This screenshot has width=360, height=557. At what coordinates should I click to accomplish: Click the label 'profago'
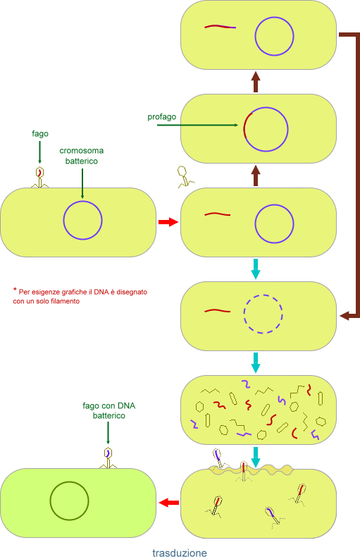click(161, 117)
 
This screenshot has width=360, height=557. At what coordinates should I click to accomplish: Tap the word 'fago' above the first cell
click(40, 133)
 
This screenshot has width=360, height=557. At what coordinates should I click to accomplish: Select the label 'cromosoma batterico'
click(82, 156)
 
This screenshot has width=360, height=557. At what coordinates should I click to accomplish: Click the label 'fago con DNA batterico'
click(109, 410)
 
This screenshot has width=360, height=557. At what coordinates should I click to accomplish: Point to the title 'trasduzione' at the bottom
click(180, 552)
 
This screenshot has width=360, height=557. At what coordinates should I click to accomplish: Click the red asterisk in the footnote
click(15, 290)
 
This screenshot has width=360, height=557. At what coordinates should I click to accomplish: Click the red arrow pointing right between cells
click(168, 222)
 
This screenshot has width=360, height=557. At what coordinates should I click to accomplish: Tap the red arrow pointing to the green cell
click(169, 502)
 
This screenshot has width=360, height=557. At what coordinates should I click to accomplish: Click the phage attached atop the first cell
click(39, 177)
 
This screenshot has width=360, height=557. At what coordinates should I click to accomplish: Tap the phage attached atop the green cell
click(108, 458)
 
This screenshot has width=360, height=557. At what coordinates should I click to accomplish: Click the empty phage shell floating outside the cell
click(185, 177)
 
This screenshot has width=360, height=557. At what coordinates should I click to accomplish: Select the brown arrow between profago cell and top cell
click(256, 82)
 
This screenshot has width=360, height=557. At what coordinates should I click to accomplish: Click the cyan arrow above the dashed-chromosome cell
click(255, 269)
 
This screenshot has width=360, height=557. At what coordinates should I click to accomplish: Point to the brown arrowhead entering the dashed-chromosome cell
click(345, 315)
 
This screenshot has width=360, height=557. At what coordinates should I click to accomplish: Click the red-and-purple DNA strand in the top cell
click(220, 27)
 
